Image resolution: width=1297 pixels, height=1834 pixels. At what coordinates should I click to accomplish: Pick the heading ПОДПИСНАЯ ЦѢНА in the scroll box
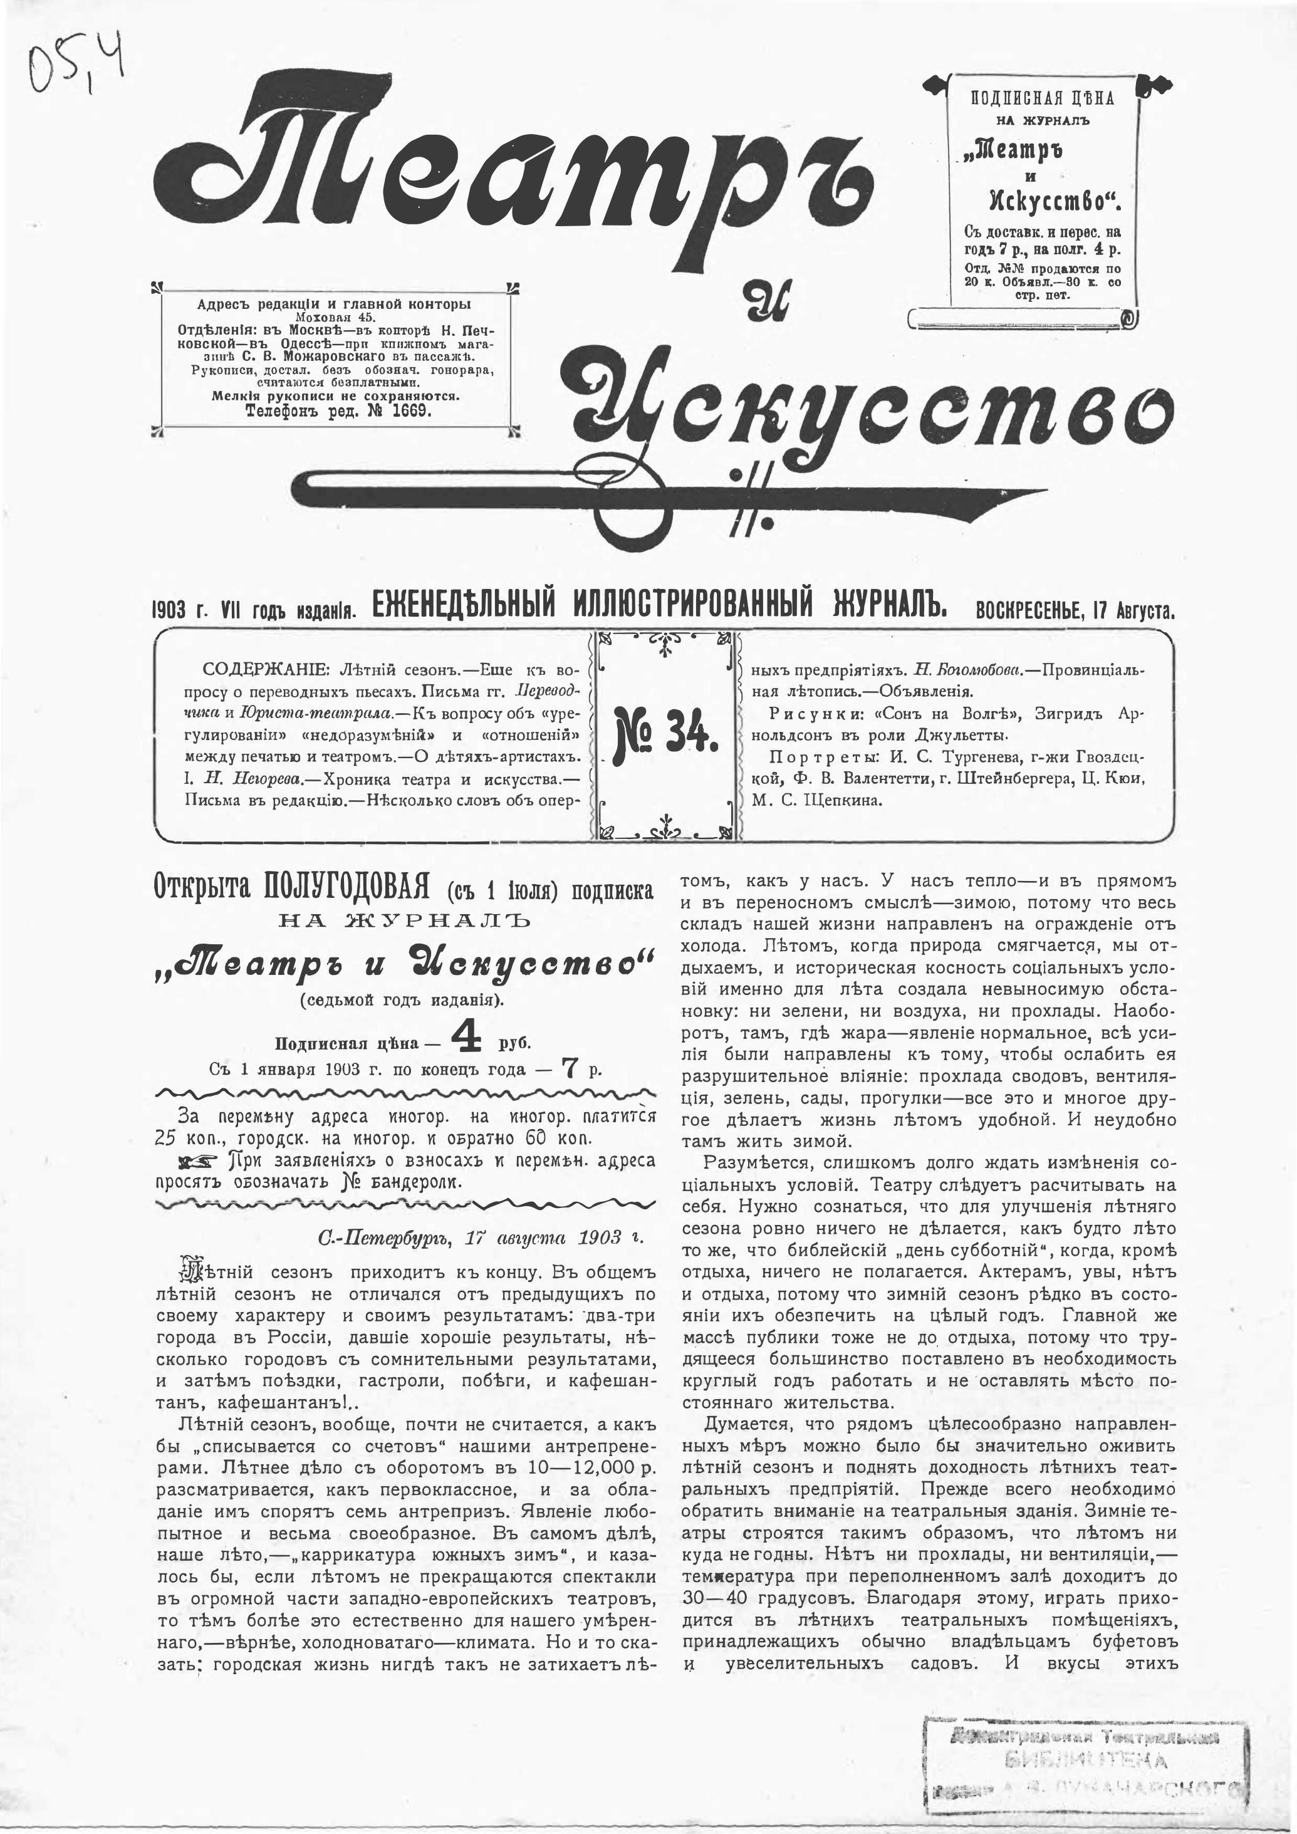pos(1042,99)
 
